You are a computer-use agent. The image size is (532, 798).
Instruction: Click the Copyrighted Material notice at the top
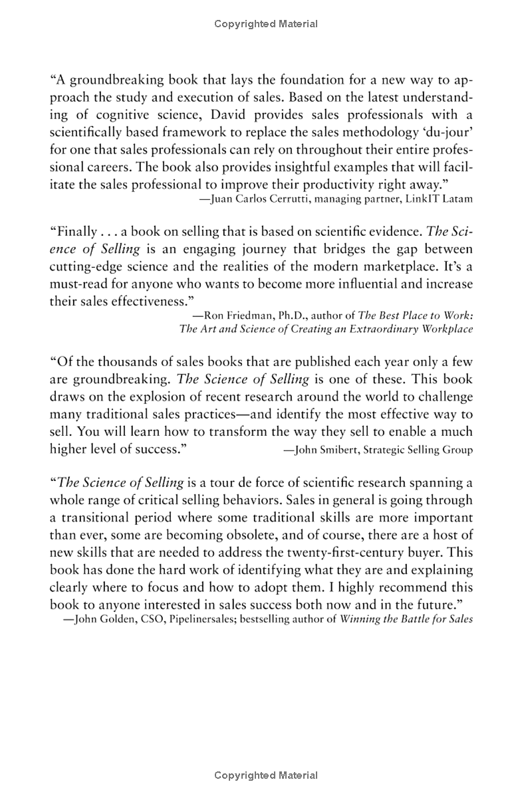point(266,24)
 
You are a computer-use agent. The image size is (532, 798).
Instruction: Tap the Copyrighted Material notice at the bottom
point(266,775)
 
